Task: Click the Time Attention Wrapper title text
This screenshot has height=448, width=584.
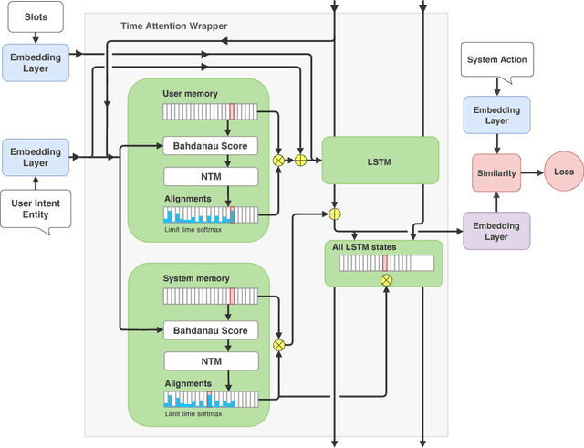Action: [x=172, y=26]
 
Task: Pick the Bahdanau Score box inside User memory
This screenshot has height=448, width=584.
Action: [x=210, y=146]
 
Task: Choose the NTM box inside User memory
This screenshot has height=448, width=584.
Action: [x=210, y=176]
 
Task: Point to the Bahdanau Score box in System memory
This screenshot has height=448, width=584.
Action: [x=210, y=330]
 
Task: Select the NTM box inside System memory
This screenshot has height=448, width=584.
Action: [x=210, y=359]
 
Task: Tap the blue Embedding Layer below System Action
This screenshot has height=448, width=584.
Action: [x=496, y=114]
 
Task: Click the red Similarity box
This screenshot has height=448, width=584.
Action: [x=496, y=172]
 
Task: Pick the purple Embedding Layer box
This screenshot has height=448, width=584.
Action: [x=496, y=231]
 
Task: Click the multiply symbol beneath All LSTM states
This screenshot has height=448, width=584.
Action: [x=386, y=280]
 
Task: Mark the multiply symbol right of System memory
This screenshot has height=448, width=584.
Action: [x=278, y=344]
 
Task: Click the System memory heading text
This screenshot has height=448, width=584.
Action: [x=195, y=278]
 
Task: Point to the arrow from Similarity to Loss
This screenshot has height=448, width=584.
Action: [x=532, y=172]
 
